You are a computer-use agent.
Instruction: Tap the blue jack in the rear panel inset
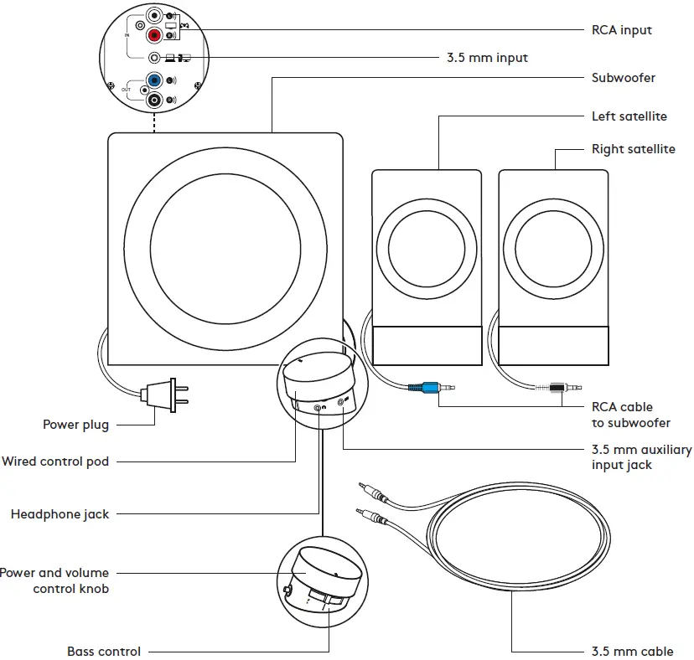tap(153, 80)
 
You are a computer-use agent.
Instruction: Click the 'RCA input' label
tap(621, 30)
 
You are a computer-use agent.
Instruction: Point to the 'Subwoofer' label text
tap(623, 78)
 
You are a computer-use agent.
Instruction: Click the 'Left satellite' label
tap(629, 116)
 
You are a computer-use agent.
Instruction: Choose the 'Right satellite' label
tap(633, 149)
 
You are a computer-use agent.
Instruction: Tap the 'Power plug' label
tap(75, 425)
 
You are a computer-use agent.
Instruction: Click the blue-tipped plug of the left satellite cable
tap(427, 388)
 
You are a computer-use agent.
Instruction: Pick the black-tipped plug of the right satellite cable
tap(554, 388)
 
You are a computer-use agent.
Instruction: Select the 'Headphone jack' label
tap(60, 513)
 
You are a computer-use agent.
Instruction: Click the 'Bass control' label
tap(104, 651)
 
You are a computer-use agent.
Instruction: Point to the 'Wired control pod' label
tap(55, 461)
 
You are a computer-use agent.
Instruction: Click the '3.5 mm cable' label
tap(632, 651)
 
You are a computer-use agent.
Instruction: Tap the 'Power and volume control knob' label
tap(54, 580)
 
